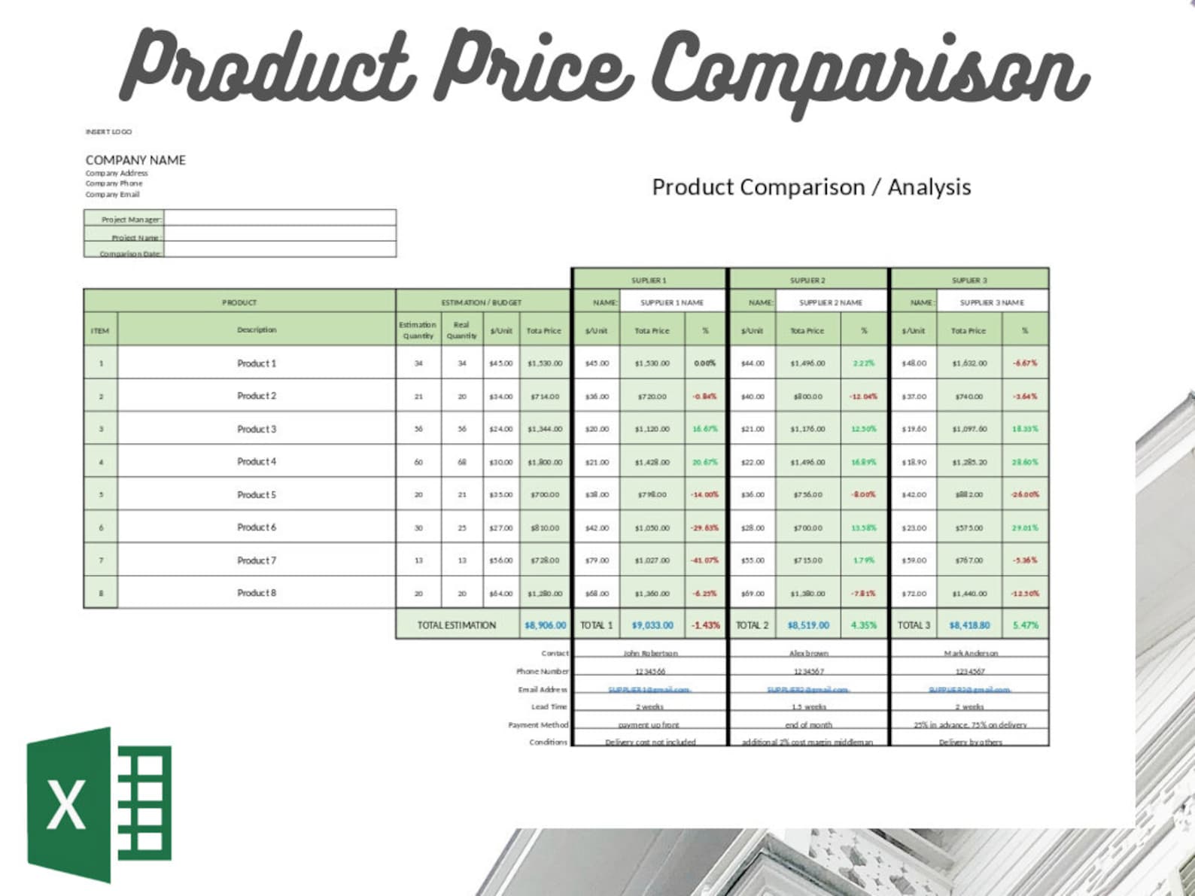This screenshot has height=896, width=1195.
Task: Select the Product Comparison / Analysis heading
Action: [811, 187]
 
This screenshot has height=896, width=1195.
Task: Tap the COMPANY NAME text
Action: [135, 160]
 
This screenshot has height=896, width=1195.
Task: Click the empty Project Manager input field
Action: [279, 218]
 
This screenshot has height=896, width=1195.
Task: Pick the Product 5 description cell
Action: [257, 495]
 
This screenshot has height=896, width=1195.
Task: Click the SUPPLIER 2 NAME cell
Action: [830, 302]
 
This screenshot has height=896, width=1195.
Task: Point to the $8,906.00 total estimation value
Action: [545, 625]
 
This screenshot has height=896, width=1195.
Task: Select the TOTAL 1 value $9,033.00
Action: [652, 625]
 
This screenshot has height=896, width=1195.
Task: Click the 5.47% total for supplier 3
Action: [1025, 625]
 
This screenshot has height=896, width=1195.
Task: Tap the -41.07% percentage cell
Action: [705, 560]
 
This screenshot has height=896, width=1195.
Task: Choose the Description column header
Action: [257, 330]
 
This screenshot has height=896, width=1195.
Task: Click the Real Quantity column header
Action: [461, 330]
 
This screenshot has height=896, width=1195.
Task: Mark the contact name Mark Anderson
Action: [971, 653]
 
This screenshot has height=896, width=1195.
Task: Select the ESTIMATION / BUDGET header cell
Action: [482, 302]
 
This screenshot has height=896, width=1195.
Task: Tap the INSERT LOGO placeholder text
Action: [108, 132]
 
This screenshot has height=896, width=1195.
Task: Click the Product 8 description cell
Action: [257, 593]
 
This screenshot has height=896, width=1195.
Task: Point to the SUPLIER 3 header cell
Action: [969, 280]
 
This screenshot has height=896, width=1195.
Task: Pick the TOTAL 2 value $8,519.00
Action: [808, 625]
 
